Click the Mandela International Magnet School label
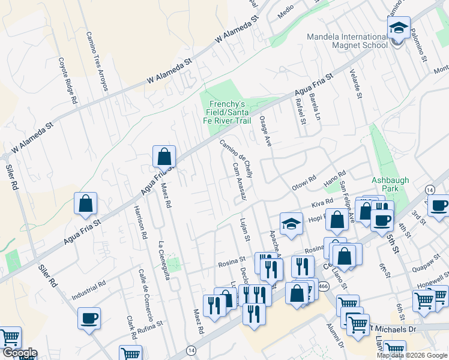(x=347, y=41)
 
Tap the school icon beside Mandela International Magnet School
(x=399, y=29)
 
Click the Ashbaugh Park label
(x=385, y=183)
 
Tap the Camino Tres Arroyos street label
(x=96, y=61)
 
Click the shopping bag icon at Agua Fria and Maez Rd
(x=164, y=158)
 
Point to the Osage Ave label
(x=265, y=130)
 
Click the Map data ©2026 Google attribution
(x=412, y=355)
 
